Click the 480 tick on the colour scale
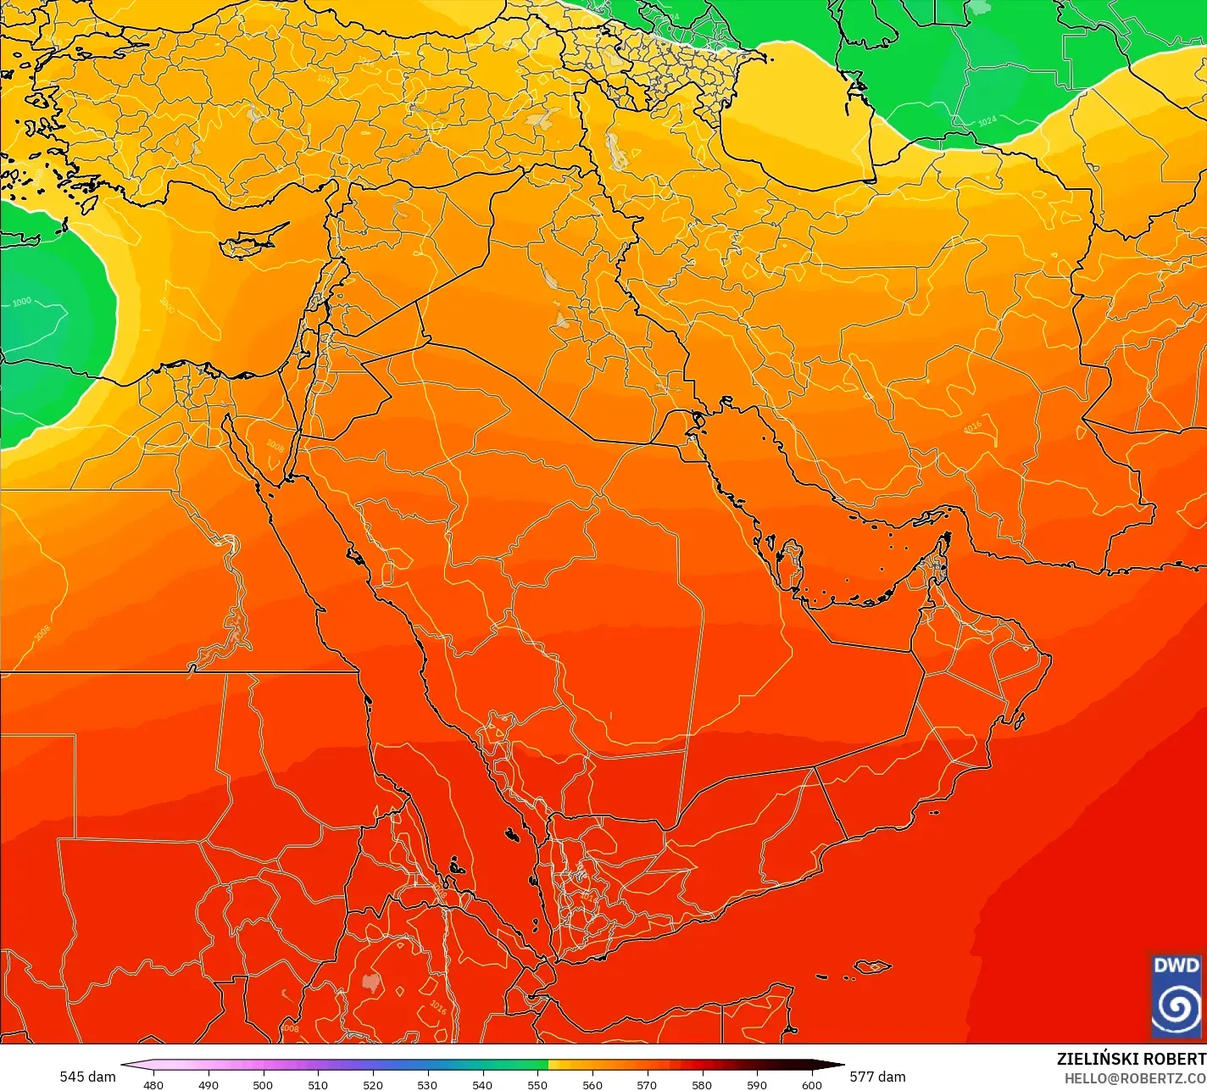click(x=153, y=1084)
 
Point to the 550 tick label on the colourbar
click(x=537, y=1084)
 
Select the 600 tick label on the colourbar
click(x=811, y=1084)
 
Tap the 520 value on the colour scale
click(x=373, y=1084)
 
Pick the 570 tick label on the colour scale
click(x=647, y=1084)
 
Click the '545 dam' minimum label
click(x=87, y=1077)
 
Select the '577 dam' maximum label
click(x=877, y=1077)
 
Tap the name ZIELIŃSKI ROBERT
click(x=1131, y=1059)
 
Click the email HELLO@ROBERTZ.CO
click(x=1135, y=1077)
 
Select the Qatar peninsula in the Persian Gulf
click(x=793, y=566)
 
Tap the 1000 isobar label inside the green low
click(x=21, y=302)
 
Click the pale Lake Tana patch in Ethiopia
click(x=370, y=982)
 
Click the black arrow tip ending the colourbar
click(x=839, y=1065)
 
